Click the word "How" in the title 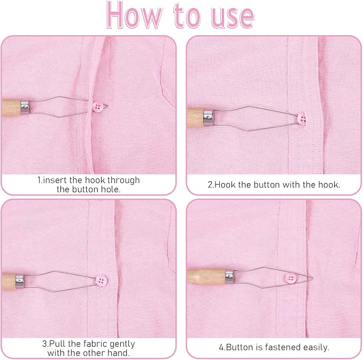pyautogui.click(x=134, y=15)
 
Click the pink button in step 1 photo pyautogui.click(x=98, y=107)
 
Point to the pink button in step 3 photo pyautogui.click(x=102, y=280)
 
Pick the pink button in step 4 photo pyautogui.click(x=290, y=278)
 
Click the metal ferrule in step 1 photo pyautogui.click(x=25, y=107)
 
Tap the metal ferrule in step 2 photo pyautogui.click(x=208, y=118)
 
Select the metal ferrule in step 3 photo pyautogui.click(x=20, y=281)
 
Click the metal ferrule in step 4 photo pyautogui.click(x=229, y=276)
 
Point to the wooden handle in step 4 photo pyautogui.click(x=206, y=277)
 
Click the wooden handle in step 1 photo pyautogui.click(x=11, y=107)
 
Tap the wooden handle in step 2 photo pyautogui.click(x=195, y=118)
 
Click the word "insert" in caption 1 pyautogui.click(x=55, y=180)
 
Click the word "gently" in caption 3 pyautogui.click(x=122, y=345)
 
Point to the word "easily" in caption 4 pyautogui.click(x=316, y=348)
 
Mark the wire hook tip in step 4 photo pyautogui.click(x=313, y=278)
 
